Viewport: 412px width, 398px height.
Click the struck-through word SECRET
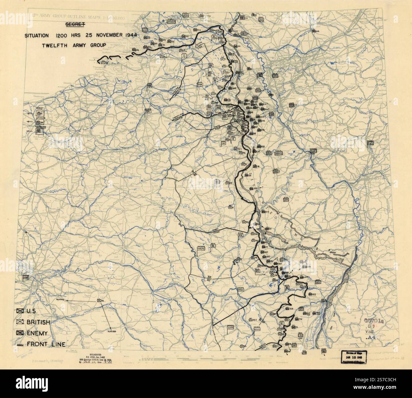74,24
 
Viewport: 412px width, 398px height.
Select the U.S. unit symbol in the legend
21,311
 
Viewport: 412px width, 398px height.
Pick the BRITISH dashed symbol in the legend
21,322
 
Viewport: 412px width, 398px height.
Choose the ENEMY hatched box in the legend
21,333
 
